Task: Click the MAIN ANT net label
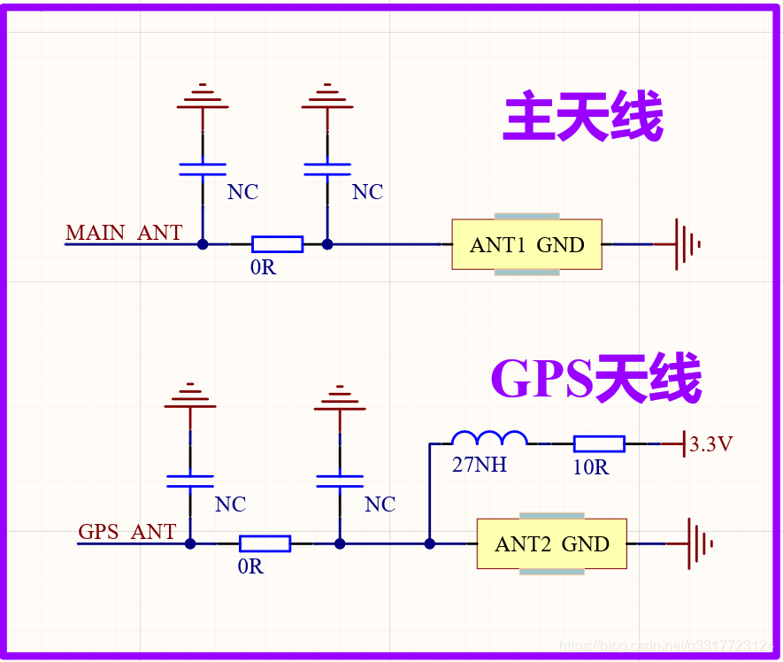click(x=124, y=233)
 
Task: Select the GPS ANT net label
click(x=127, y=532)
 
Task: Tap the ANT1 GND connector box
click(x=526, y=244)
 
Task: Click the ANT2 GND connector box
click(x=551, y=543)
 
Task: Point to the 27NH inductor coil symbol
click(x=489, y=438)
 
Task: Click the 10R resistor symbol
click(x=599, y=443)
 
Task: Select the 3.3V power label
click(x=710, y=444)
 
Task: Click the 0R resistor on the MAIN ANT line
click(x=277, y=244)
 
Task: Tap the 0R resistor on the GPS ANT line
click(x=265, y=543)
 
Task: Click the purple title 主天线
click(x=583, y=119)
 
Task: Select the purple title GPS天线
click(x=595, y=379)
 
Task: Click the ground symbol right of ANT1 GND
click(x=687, y=244)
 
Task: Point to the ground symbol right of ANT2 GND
click(x=700, y=543)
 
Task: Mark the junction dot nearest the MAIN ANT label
click(x=203, y=244)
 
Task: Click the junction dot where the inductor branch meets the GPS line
click(x=429, y=543)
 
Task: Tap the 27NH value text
click(x=479, y=465)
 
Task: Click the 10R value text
click(x=590, y=468)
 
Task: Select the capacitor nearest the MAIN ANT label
click(x=203, y=169)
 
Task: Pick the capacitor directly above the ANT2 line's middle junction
click(x=339, y=481)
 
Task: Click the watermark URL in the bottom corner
click(x=668, y=647)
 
